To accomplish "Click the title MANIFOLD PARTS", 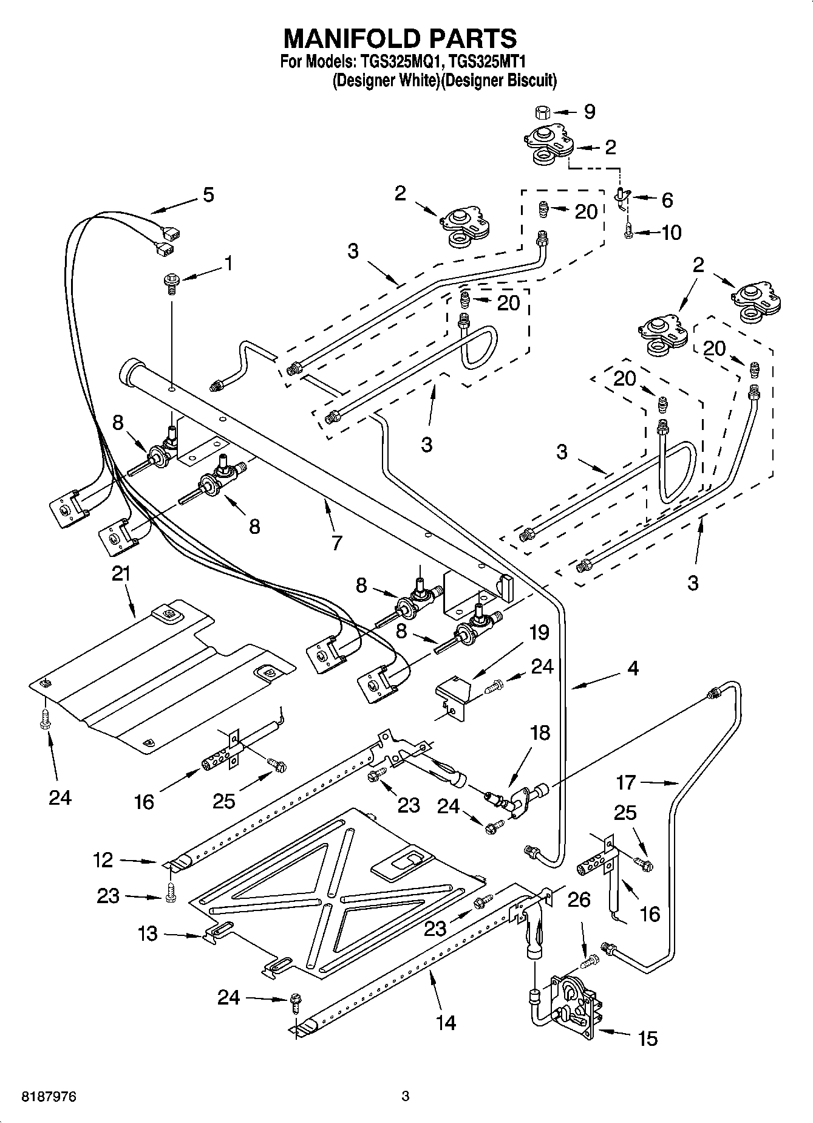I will point(401,38).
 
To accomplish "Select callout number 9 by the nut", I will point(589,111).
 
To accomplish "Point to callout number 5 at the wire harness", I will point(208,195).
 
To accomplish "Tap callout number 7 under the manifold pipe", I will point(337,542).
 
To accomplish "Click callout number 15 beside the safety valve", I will point(648,1038).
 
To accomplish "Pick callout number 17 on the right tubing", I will point(625,783).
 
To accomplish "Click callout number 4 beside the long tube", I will point(633,669).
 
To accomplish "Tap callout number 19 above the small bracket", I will point(539,632).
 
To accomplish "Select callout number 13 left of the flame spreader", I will point(148,934).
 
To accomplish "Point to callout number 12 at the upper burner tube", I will point(103,859).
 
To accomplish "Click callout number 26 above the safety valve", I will point(579,899).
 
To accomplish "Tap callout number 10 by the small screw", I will point(671,232).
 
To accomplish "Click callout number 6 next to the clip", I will point(667,199).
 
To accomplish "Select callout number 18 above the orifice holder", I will point(539,733).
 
